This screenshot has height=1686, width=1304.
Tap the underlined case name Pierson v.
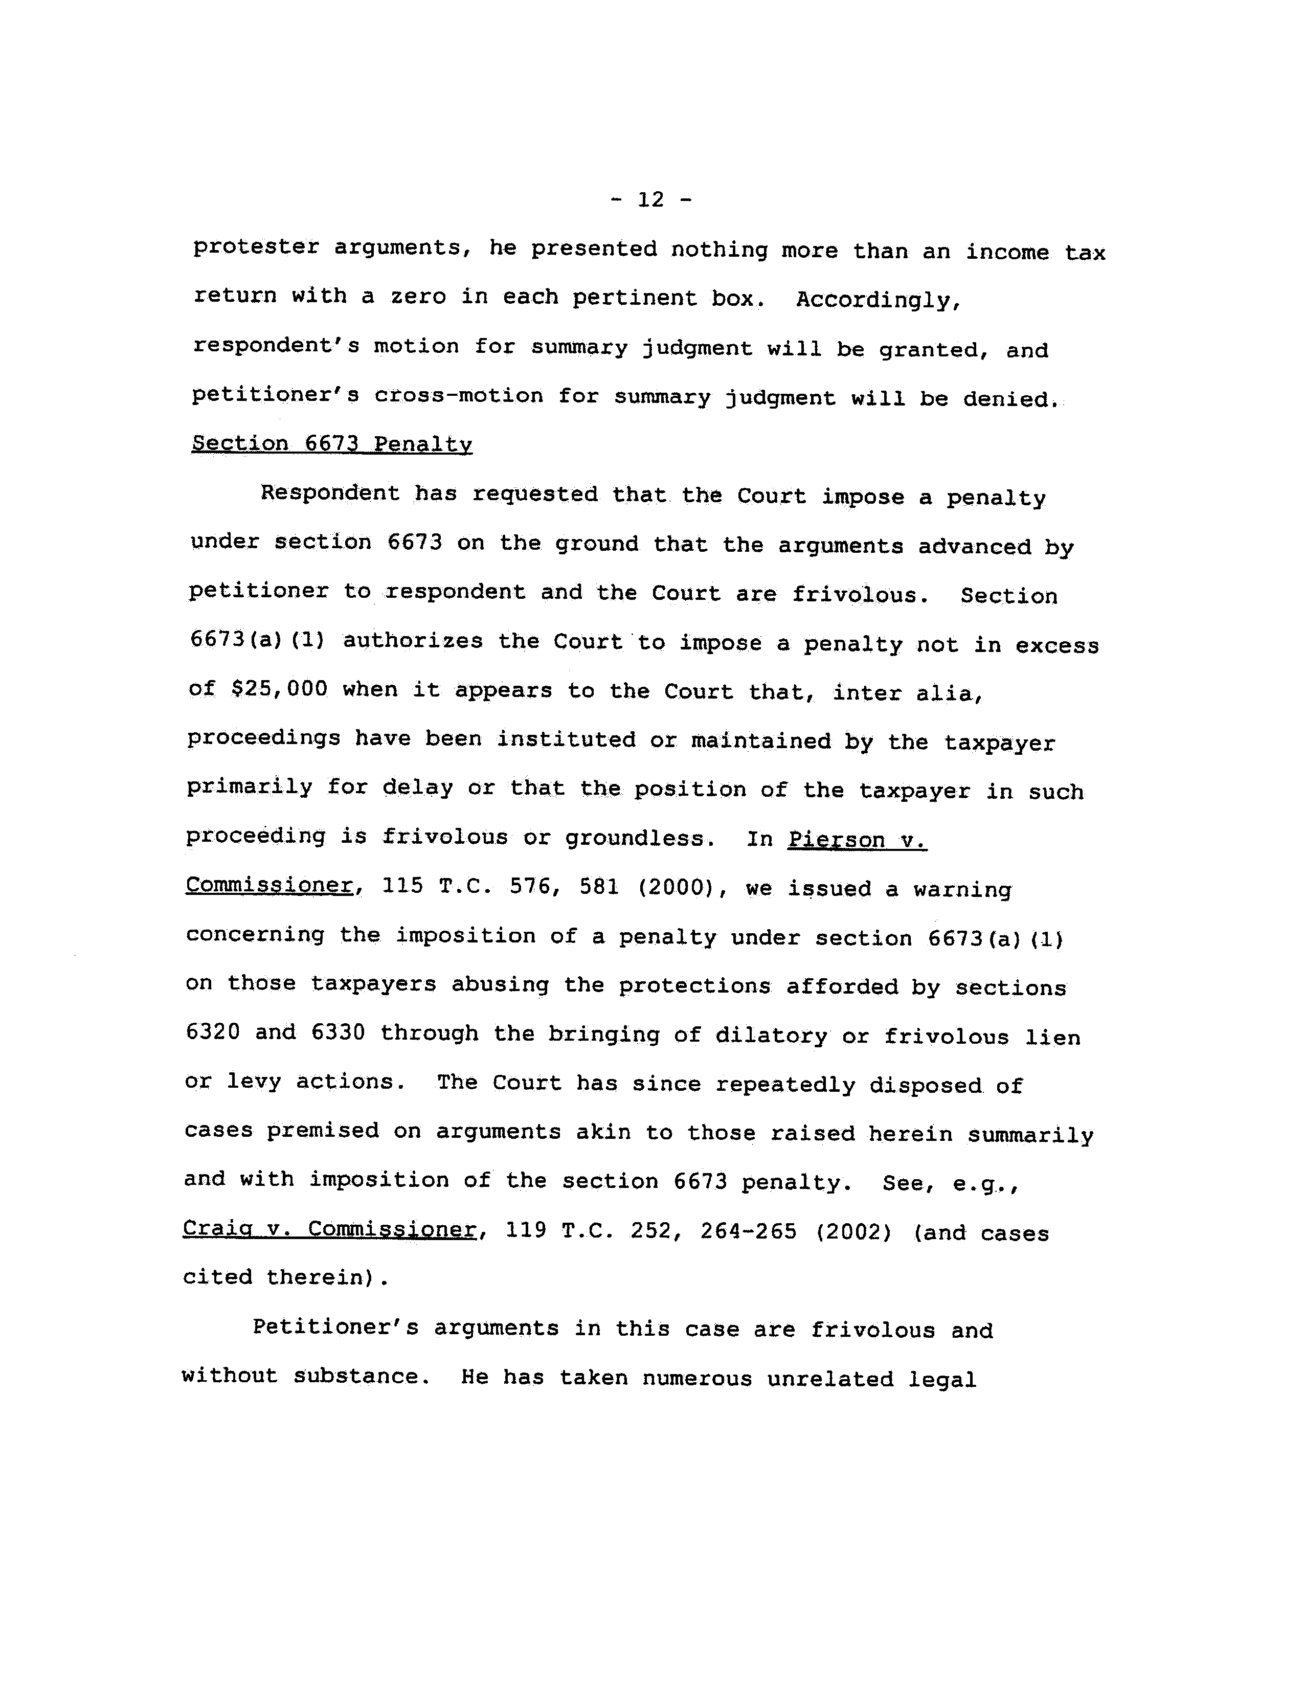pos(857,839)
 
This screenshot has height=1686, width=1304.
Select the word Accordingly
pos(879,300)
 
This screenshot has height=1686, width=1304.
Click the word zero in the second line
pos(418,297)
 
